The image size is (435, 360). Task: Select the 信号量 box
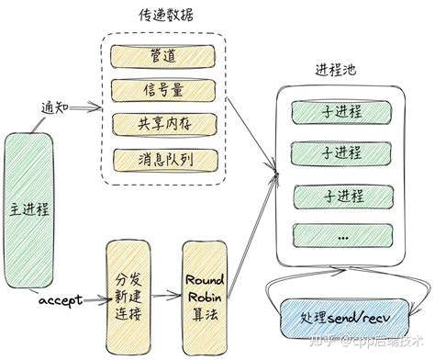point(162,90)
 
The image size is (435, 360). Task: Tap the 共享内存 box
point(162,124)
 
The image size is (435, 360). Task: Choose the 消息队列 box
point(162,158)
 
